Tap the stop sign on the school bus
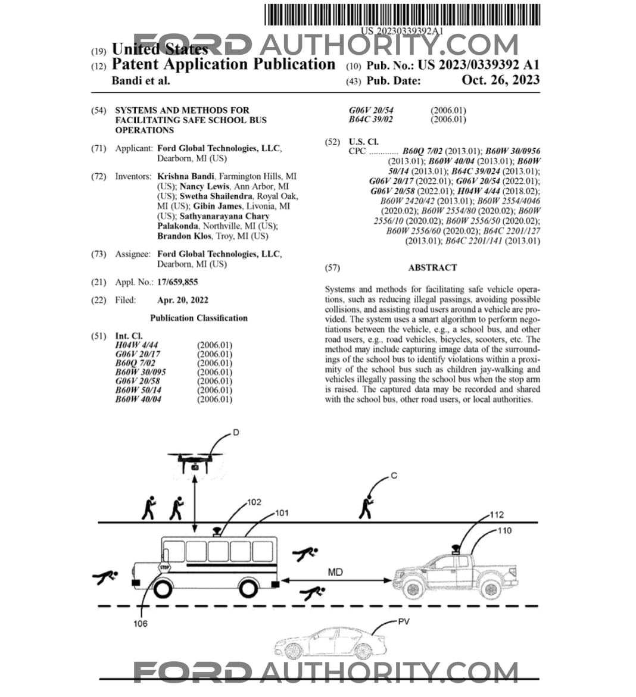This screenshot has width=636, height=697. click(164, 567)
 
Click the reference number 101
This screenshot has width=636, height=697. click(282, 513)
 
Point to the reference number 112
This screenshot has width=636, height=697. click(497, 515)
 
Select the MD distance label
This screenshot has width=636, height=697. click(335, 572)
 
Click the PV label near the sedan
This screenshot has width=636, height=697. click(403, 621)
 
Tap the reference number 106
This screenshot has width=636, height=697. click(140, 624)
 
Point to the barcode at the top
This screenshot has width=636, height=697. click(403, 15)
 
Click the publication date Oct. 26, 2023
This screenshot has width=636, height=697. click(501, 80)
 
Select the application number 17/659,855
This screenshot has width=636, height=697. click(177, 282)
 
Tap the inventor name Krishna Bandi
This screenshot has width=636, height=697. click(185, 176)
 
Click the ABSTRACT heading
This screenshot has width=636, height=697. click(433, 268)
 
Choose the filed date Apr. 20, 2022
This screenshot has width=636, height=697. click(183, 300)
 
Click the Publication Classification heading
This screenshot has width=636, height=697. click(199, 318)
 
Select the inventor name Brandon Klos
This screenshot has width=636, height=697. click(184, 236)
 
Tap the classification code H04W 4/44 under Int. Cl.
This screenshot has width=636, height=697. click(136, 345)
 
